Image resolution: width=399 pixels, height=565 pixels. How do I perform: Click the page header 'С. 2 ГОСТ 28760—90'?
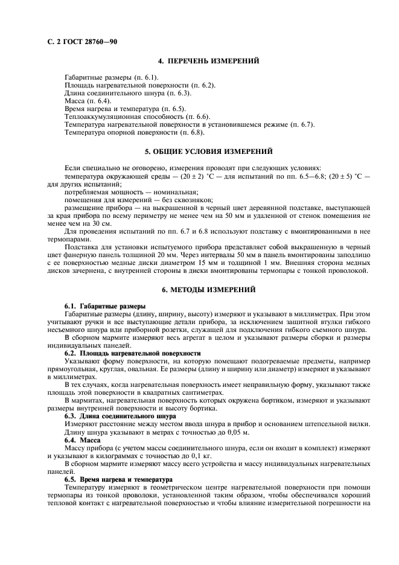(x=82, y=40)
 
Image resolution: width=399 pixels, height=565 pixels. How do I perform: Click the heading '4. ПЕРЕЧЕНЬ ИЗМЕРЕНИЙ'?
(x=208, y=61)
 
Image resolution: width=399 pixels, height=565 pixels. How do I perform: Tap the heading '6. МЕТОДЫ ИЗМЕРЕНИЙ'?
(x=208, y=290)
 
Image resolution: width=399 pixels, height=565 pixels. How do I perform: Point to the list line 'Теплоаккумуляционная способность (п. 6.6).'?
(x=137, y=117)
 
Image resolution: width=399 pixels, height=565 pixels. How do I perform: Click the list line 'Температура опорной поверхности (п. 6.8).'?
(x=135, y=132)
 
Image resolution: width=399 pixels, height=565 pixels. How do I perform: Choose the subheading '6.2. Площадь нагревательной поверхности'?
(x=133, y=353)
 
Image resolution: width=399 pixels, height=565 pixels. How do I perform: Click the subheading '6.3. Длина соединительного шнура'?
(x=120, y=415)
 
